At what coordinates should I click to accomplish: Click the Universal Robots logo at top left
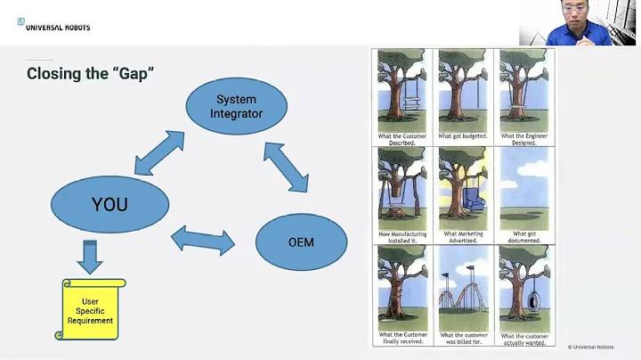tap(53, 25)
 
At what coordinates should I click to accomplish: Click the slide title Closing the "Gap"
tap(91, 74)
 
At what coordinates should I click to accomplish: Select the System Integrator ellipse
tap(236, 106)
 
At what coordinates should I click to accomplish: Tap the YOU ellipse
tap(110, 205)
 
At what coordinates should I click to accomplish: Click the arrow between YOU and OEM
tap(202, 239)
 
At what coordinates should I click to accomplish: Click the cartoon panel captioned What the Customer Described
tap(402, 94)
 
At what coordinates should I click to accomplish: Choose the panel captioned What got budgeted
tap(462, 94)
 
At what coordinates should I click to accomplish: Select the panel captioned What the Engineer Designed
tap(523, 94)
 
